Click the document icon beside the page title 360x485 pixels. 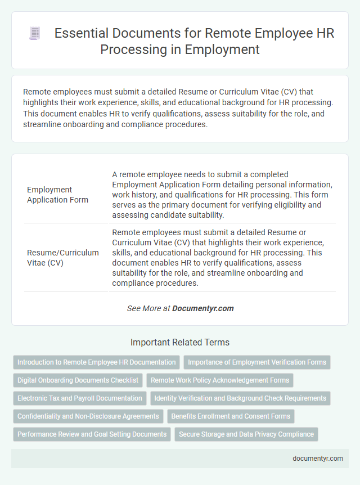pyautogui.click(x=35, y=34)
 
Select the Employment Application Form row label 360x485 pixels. pyautogui.click(x=57, y=195)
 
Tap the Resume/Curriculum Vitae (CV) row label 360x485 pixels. pyautogui.click(x=62, y=258)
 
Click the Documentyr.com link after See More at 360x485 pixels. pyautogui.click(x=202, y=308)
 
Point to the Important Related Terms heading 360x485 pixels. pyautogui.click(x=180, y=342)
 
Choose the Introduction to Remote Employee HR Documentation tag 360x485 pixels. pyautogui.click(x=96, y=362)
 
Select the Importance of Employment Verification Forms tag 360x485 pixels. pyautogui.click(x=257, y=362)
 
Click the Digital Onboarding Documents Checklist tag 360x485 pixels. pyautogui.click(x=78, y=380)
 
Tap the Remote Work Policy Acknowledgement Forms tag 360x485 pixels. pyautogui.click(x=220, y=380)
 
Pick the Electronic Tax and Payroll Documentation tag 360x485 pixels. pyautogui.click(x=80, y=398)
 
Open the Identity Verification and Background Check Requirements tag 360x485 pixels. pyautogui.click(x=240, y=398)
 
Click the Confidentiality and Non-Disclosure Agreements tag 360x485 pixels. pyautogui.click(x=88, y=416)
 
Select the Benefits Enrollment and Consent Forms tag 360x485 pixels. pyautogui.click(x=231, y=416)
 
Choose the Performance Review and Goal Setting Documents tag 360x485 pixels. pyautogui.click(x=92, y=434)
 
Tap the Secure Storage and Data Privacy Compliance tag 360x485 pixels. pyautogui.click(x=246, y=434)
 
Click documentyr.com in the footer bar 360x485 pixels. pyautogui.click(x=318, y=459)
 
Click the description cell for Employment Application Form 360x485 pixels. pyautogui.click(x=222, y=195)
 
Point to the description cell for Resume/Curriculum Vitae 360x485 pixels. pyautogui.click(x=222, y=258)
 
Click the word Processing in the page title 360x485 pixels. pyautogui.click(x=129, y=50)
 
